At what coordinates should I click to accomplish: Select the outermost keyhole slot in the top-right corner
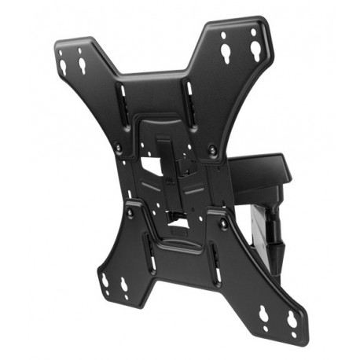[x=255, y=50]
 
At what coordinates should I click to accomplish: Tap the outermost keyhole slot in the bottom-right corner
[x=292, y=320]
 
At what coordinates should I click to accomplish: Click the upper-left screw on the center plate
[x=119, y=145]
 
